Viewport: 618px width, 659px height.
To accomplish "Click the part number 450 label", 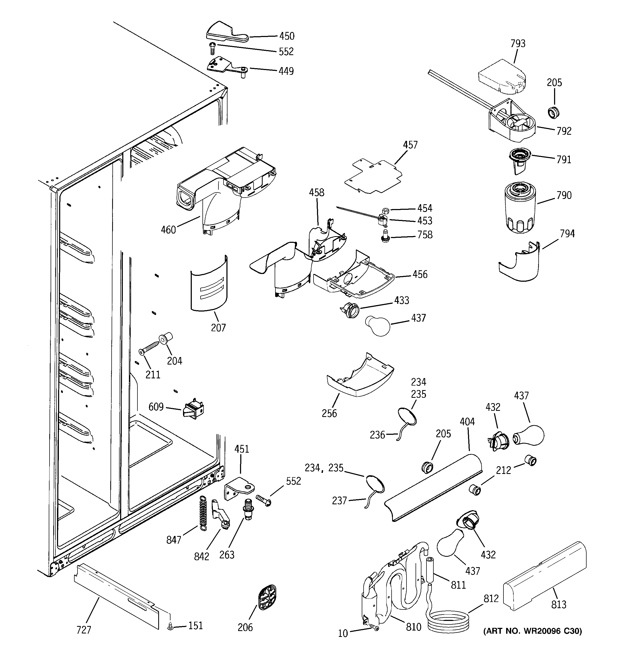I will click(287, 36).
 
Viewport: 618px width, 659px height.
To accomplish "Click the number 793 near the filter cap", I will click(518, 43).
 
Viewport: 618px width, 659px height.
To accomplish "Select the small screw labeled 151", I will click(170, 627).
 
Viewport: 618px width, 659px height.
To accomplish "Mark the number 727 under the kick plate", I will click(84, 629).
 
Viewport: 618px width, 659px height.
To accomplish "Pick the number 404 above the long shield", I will click(467, 422).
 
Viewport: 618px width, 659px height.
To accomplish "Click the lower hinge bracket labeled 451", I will click(239, 489).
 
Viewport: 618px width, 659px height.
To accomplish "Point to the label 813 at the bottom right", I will click(559, 605).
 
